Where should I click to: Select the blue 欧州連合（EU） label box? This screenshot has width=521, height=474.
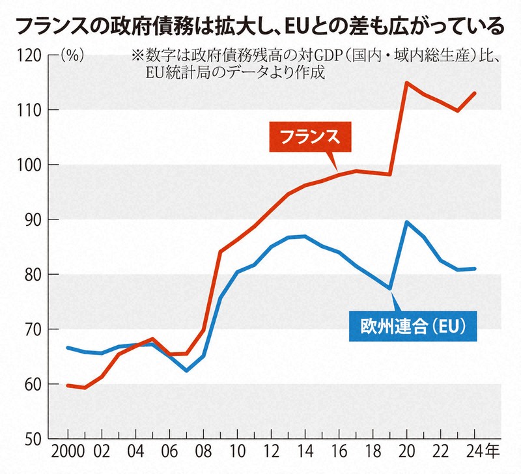point(409,324)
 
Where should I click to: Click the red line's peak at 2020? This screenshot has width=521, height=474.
point(406,83)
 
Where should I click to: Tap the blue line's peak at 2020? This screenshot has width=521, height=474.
point(406,222)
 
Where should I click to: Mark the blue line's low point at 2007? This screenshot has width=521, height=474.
point(186,370)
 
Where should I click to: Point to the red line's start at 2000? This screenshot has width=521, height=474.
point(68,385)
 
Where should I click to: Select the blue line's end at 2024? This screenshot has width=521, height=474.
point(474,268)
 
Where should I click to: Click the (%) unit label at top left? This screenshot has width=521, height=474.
point(70,56)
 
